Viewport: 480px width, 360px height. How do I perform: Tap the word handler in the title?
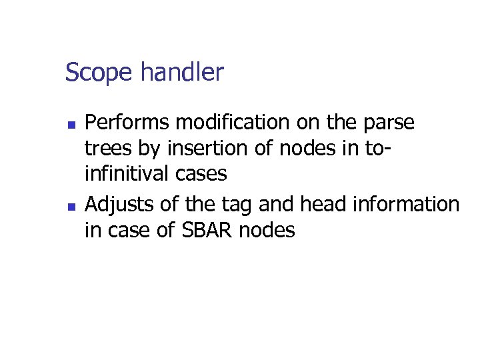(x=182, y=71)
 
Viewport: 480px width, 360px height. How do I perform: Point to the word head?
(x=319, y=205)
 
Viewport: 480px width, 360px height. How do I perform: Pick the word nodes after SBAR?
(x=267, y=231)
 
